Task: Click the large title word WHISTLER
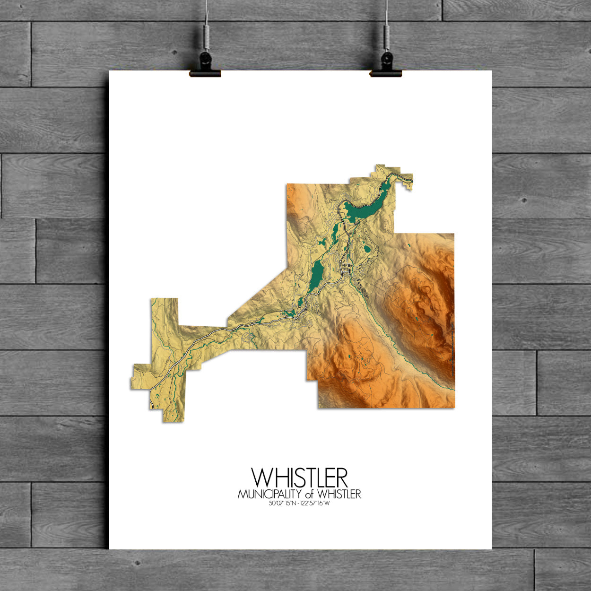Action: point(299,478)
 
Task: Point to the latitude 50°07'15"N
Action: point(282,504)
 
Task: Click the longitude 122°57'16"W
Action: point(319,504)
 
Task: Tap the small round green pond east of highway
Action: point(366,248)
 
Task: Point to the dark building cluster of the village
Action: point(350,270)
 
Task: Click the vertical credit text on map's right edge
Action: point(452,350)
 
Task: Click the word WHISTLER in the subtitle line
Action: point(339,495)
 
